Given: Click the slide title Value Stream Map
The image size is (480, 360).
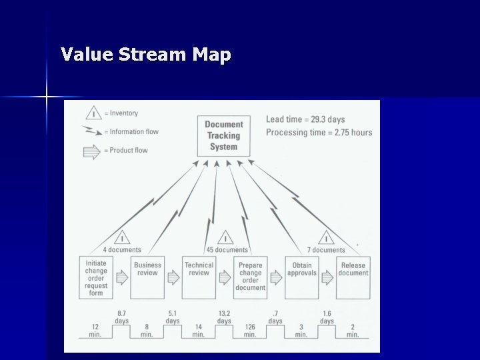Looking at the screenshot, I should [x=145, y=54].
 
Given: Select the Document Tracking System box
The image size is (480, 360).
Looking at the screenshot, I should [x=223, y=136].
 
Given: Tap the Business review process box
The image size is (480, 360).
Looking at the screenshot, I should [x=147, y=277].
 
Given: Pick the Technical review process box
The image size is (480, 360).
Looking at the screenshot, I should [x=199, y=277].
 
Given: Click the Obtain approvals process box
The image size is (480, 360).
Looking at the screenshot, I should [x=301, y=277].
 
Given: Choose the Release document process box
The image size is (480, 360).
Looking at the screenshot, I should [x=353, y=277].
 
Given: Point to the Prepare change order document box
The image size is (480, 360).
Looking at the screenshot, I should [x=250, y=277].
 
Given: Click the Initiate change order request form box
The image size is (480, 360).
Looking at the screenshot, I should [x=96, y=277].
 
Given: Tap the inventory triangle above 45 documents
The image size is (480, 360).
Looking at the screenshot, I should [x=225, y=238].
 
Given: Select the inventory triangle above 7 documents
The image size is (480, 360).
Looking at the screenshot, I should [x=326, y=238].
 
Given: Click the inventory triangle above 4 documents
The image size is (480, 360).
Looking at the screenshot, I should [x=122, y=238].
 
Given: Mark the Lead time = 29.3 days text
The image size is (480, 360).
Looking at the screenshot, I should [x=305, y=120].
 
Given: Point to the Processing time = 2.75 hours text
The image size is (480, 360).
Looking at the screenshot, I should [x=319, y=133].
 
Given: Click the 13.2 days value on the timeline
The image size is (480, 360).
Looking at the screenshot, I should [x=224, y=317].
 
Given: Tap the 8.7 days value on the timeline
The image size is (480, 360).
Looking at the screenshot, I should [x=121, y=317].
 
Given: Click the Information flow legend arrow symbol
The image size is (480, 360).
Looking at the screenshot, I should [x=92, y=131].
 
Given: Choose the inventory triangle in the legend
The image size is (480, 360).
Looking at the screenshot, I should [x=93, y=113].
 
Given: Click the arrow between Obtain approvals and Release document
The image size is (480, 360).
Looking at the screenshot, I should [x=327, y=277].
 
